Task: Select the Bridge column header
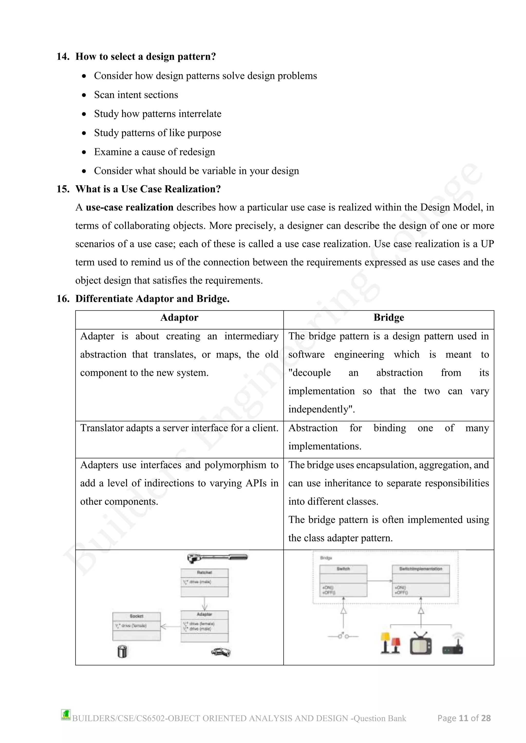[388, 317]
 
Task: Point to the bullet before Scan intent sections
[84, 95]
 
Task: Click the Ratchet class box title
[204, 572]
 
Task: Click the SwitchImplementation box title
[420, 569]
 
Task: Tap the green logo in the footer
[66, 715]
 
